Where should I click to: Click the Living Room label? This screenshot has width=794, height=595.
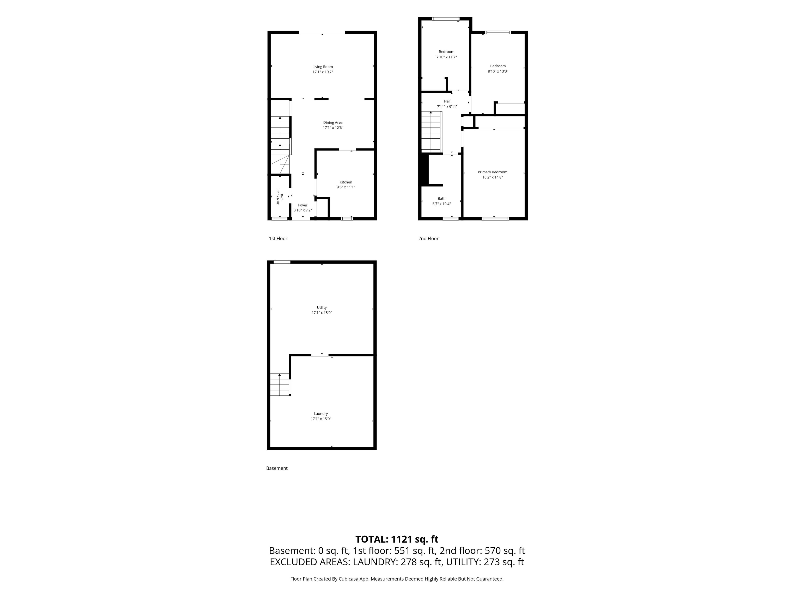[322, 67]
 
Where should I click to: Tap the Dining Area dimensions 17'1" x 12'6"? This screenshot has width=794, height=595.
[333, 128]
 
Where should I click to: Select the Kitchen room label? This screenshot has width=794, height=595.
[346, 182]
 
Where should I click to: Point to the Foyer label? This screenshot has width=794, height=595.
[303, 205]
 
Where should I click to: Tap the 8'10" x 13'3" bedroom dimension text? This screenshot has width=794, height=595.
[498, 71]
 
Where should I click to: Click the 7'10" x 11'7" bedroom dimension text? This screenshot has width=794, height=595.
[447, 57]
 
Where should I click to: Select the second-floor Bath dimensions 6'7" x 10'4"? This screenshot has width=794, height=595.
[441, 204]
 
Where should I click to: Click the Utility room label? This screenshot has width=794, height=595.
[322, 307]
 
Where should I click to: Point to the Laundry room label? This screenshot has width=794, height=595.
[321, 414]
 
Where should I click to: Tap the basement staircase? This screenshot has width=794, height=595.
[280, 384]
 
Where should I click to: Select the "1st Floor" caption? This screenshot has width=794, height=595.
[278, 238]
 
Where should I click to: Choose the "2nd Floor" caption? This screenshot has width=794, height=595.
[428, 238]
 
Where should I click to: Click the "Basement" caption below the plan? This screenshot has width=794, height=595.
[277, 468]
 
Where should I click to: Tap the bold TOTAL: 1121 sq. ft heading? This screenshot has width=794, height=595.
[397, 539]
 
